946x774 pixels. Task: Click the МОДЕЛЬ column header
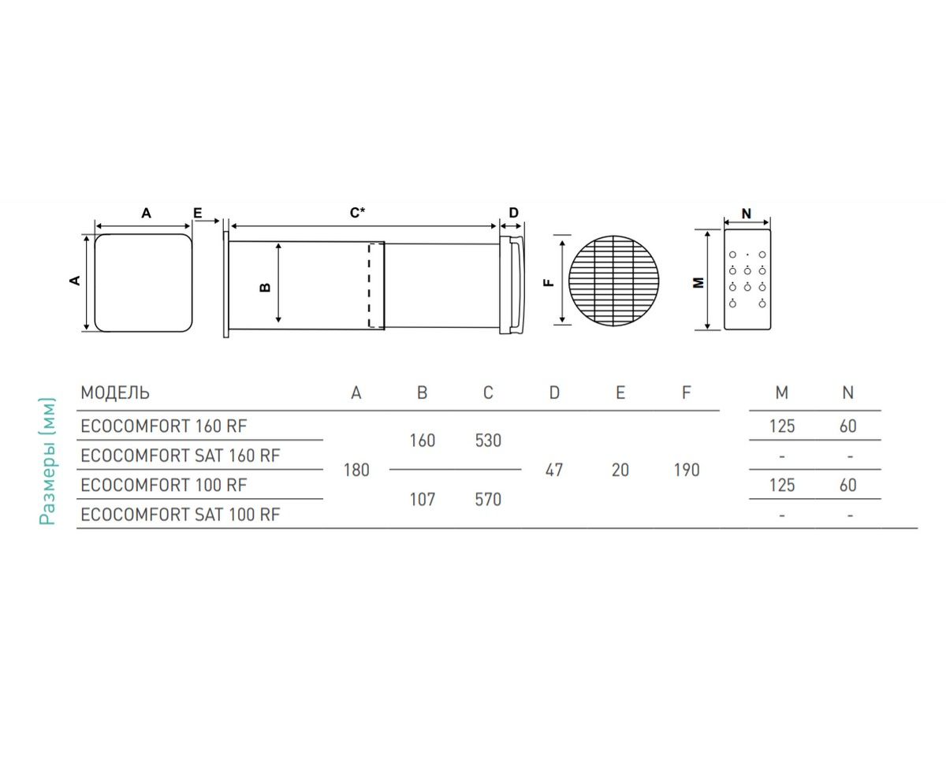point(115,393)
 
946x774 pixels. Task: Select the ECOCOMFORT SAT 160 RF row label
point(181,456)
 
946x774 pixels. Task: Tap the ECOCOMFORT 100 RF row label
point(164,486)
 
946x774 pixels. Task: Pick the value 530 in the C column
point(488,441)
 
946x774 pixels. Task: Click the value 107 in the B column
point(422,500)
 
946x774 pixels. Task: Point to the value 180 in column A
point(356,471)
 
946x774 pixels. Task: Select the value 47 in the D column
point(554,471)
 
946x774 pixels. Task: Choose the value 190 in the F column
point(687,471)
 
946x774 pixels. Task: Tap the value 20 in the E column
point(620,471)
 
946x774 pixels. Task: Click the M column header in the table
point(782,393)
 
